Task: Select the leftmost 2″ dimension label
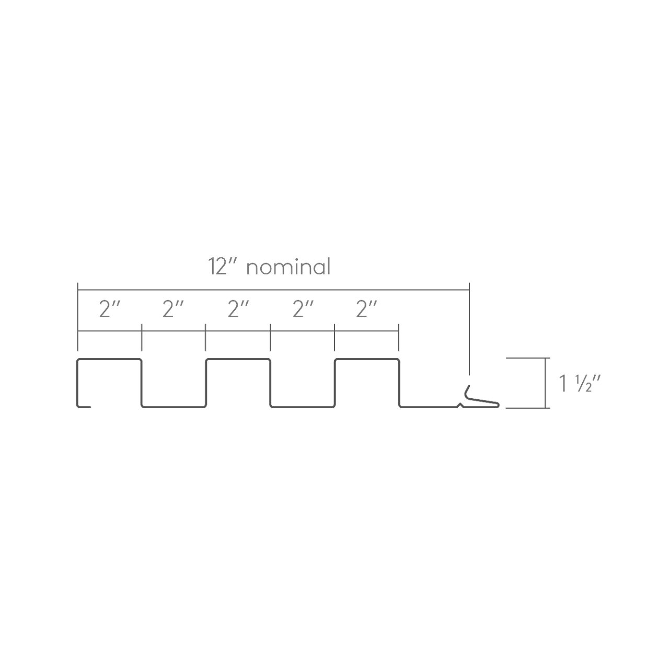[x=110, y=309]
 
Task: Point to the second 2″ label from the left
[x=173, y=309]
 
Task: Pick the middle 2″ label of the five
[x=238, y=309]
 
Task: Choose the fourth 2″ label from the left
[x=303, y=309]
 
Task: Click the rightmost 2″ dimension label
[x=366, y=309]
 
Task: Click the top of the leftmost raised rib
[x=110, y=360]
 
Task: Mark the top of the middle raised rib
[x=238, y=360]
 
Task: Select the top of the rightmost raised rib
[x=366, y=360]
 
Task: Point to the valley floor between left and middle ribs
[x=174, y=407]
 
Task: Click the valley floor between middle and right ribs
[x=303, y=407]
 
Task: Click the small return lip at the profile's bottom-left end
[x=85, y=407]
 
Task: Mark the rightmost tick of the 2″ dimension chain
[x=398, y=337]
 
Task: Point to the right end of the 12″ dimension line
[x=469, y=289]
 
